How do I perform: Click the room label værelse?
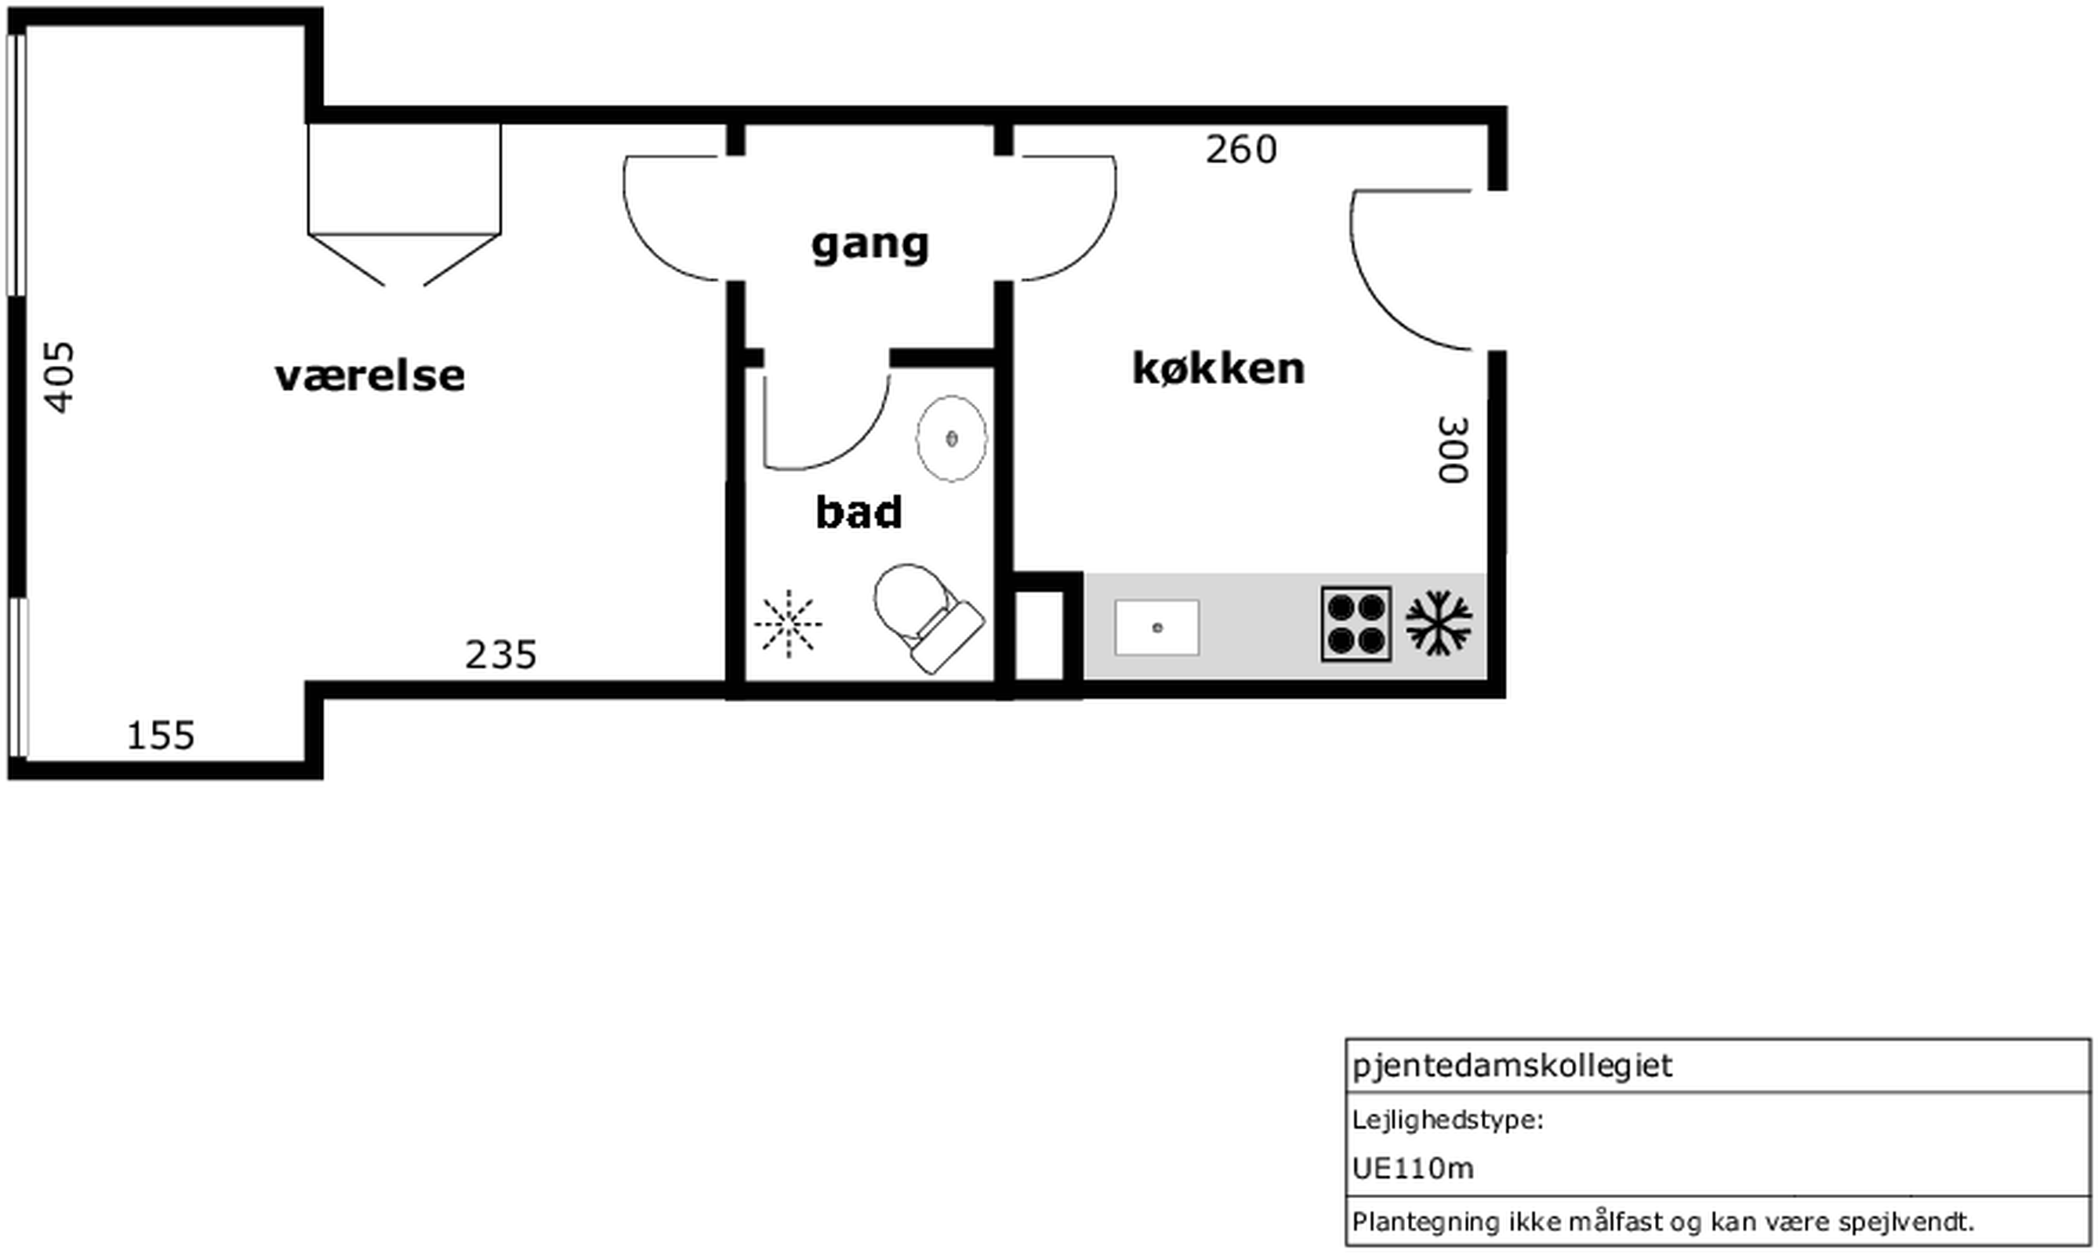coord(370,375)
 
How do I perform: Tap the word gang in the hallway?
coord(870,244)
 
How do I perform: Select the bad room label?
coord(859,512)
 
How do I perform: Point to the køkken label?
coord(1218,368)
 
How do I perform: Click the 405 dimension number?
coord(59,377)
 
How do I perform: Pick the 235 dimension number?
coord(501,655)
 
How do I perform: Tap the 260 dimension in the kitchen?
coord(1241,150)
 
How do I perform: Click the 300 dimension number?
coord(1453,449)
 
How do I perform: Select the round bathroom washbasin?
coord(952,438)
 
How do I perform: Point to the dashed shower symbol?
coord(788,624)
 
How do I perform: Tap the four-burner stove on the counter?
coord(1356,624)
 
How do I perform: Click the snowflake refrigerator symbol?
coord(1439,624)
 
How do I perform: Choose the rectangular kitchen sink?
coord(1157,628)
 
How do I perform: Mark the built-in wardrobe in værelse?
coord(405,205)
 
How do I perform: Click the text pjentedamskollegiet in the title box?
coord(1512,1066)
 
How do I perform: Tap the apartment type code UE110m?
coord(1413,1168)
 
